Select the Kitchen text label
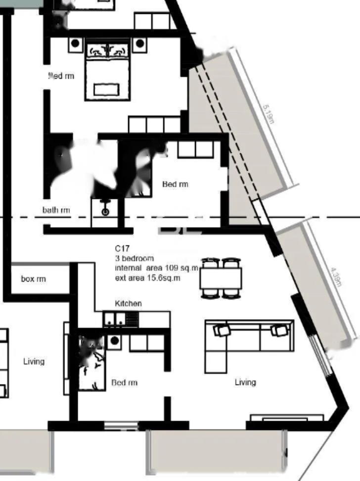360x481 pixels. click(128, 303)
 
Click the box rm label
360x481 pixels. click(34, 279)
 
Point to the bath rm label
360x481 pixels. click(56, 210)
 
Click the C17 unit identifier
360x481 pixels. click(122, 248)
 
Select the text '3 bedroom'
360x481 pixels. click(134, 258)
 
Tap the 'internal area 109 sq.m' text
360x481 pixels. click(156, 268)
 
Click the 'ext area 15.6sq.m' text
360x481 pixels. click(147, 278)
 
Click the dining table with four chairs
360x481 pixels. click(221, 278)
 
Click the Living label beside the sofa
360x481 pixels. click(245, 382)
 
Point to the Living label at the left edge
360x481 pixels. click(34, 362)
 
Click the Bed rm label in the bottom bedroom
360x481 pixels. click(124, 383)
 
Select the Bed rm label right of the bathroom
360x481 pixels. click(175, 184)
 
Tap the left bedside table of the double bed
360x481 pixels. click(75, 44)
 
